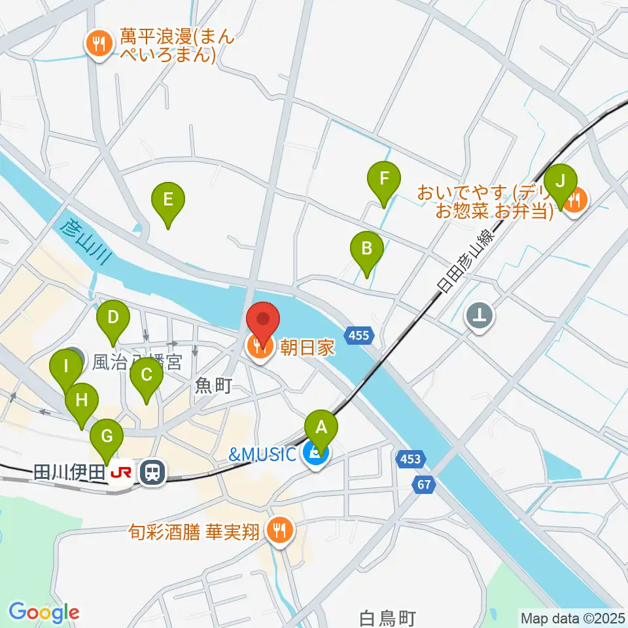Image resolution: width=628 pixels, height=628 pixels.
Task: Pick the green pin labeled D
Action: pyautogui.click(x=113, y=319)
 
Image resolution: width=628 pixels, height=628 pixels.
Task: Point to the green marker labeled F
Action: pyautogui.click(x=384, y=179)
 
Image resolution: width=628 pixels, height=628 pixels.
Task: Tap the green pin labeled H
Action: pyautogui.click(x=82, y=400)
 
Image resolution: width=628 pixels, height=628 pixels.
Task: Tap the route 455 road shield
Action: pyautogui.click(x=359, y=336)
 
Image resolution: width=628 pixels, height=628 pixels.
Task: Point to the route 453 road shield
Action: pyautogui.click(x=410, y=459)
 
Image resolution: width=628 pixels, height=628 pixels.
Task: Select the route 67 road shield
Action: pyautogui.click(x=425, y=485)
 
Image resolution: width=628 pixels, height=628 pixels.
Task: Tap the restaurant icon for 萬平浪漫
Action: pyautogui.click(x=99, y=44)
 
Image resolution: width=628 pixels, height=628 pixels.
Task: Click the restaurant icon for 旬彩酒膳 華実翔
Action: pyautogui.click(x=280, y=529)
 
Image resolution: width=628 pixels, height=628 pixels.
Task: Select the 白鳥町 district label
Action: pyautogui.click(x=389, y=616)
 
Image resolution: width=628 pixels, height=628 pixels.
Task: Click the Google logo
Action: pyautogui.click(x=44, y=612)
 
